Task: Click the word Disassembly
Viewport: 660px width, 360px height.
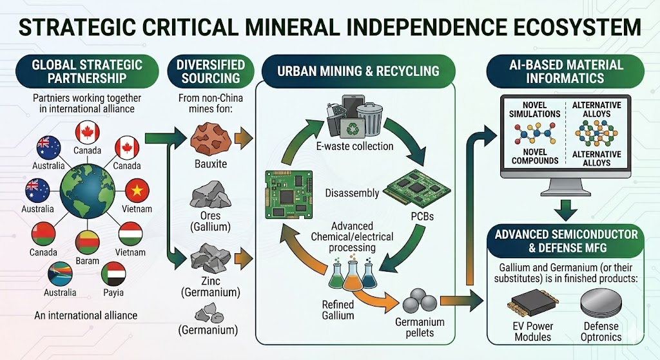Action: tap(352, 193)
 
